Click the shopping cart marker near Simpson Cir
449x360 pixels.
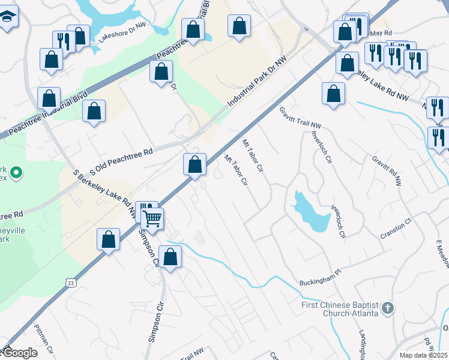click(152, 218)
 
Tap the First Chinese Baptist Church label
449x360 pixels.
click(339, 308)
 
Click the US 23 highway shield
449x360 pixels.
click(71, 282)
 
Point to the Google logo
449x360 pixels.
click(20, 353)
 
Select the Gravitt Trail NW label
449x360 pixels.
click(300, 118)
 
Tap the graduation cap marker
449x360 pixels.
click(8, 16)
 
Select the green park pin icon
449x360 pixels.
click(17, 174)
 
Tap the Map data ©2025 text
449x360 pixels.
click(424, 355)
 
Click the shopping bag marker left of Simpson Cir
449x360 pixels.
click(108, 239)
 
